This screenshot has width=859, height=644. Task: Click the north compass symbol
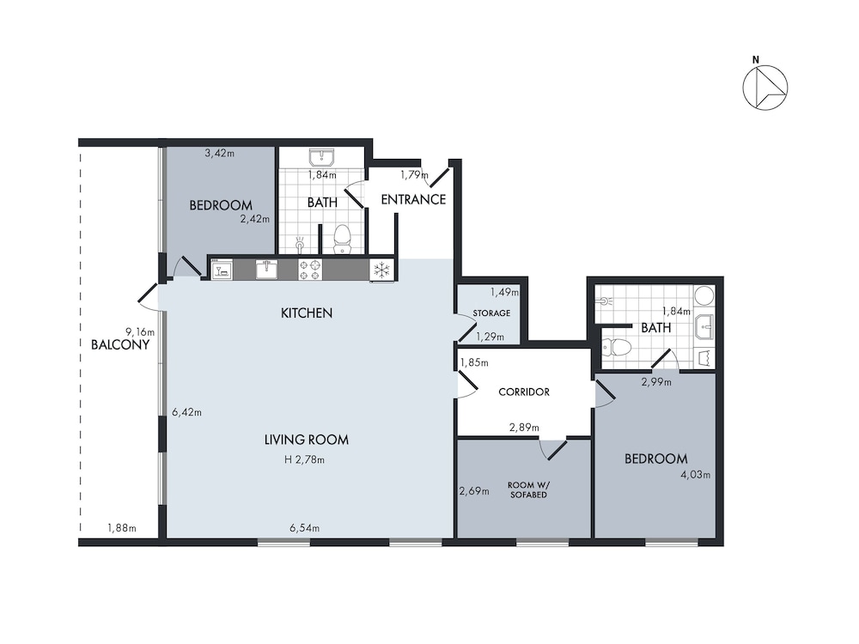765,87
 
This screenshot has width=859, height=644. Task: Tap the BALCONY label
120,345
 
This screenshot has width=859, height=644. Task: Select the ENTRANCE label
413,199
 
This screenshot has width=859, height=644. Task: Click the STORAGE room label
491,313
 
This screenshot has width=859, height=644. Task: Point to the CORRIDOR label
524,392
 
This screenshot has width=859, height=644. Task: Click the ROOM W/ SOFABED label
528,490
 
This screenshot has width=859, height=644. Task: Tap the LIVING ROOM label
307,440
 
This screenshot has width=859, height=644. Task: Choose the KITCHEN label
307,313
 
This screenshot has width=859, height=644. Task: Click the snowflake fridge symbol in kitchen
381,270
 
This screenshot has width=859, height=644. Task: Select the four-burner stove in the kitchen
309,270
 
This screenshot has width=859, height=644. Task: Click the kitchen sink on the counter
266,270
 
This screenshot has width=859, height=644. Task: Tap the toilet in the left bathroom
343,240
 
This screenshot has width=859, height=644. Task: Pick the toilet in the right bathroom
616,346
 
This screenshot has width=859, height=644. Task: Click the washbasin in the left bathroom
321,158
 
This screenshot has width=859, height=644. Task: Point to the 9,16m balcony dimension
140,331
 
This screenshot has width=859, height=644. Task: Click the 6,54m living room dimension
305,528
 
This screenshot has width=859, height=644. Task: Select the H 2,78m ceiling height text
305,460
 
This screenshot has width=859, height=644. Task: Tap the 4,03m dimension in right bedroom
695,475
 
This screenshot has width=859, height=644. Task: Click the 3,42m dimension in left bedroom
220,154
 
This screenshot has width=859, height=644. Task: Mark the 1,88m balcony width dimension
122,528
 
